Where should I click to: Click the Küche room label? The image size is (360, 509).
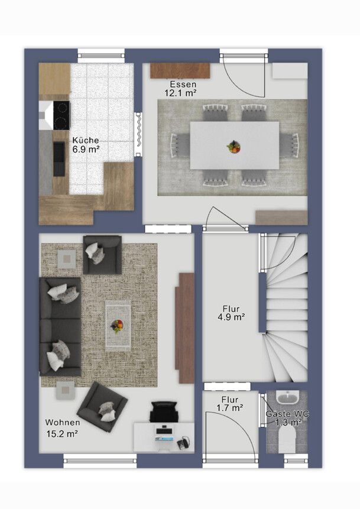[85, 140]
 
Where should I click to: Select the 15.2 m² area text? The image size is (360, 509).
[61, 434]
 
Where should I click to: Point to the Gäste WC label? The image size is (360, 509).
[287, 414]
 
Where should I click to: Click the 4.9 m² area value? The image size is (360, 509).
[231, 317]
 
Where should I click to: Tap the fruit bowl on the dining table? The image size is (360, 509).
[233, 147]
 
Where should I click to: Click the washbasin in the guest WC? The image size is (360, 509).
[287, 397]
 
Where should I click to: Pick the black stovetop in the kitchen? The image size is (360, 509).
[61, 114]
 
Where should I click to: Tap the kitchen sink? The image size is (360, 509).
[59, 159]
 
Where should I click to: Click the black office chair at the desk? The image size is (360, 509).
[164, 411]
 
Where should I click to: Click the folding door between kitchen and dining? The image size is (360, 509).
[138, 134]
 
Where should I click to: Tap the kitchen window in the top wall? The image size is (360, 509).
[101, 56]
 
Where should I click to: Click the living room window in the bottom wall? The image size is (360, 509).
[100, 461]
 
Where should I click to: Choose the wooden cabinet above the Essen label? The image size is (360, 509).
[180, 70]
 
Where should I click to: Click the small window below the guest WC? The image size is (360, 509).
[296, 461]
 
